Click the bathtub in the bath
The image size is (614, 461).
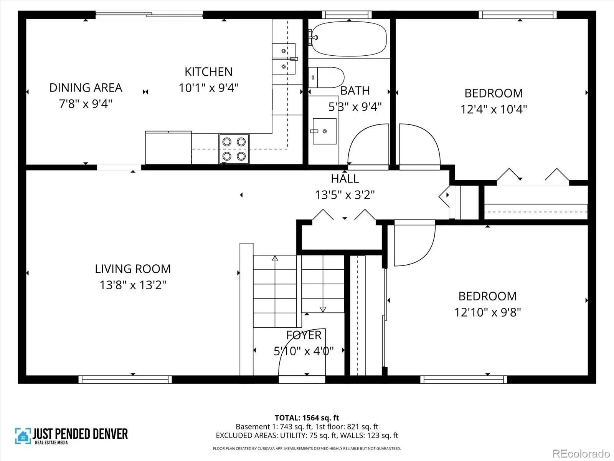(349, 39)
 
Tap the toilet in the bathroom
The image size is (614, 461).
(326, 77)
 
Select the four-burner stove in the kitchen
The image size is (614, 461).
(234, 149)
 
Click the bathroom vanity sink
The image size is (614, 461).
(325, 131)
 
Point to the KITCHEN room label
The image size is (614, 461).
(209, 72)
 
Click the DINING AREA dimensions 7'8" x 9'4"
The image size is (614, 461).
(86, 104)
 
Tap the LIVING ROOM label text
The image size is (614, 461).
(133, 269)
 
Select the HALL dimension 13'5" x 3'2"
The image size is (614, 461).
(345, 195)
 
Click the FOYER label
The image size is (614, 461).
(304, 335)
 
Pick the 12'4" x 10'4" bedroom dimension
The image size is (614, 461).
(494, 109)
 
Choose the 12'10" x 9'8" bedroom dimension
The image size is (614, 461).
(488, 312)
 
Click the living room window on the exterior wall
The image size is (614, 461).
(125, 379)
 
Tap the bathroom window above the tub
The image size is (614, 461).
(347, 15)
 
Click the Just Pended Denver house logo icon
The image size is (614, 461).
(23, 436)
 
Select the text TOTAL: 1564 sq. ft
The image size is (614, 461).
(307, 418)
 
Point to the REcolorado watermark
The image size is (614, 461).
(581, 453)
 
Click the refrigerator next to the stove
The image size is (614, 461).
(168, 148)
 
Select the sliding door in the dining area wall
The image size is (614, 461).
(149, 15)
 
